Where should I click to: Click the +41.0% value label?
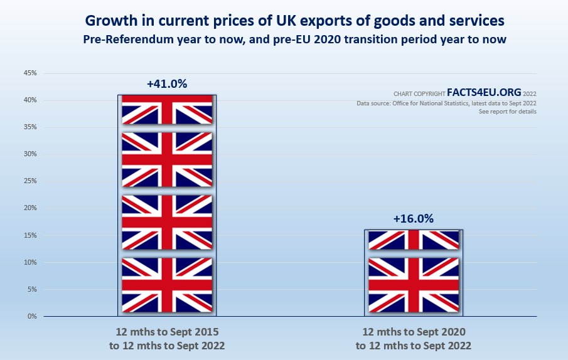tap(167, 83)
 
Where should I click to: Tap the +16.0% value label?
tap(413, 219)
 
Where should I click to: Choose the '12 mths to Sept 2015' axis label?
tap(167, 331)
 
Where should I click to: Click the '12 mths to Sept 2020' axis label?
tap(413, 331)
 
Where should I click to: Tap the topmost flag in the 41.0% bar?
tap(167, 110)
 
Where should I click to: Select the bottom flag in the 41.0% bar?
tap(167, 285)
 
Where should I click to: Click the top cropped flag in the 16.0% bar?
tap(413, 240)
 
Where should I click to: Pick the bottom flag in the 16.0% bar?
tap(413, 285)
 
